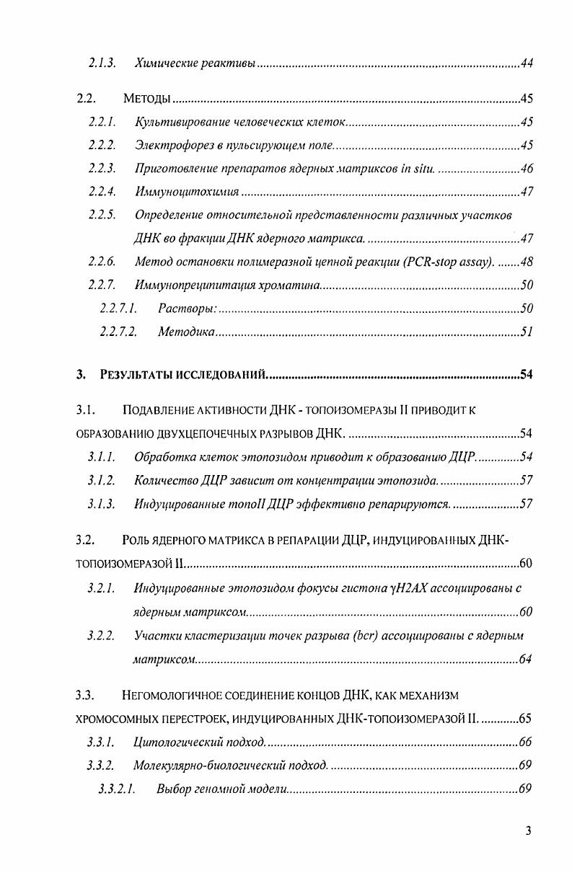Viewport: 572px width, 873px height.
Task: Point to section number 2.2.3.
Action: (x=102, y=169)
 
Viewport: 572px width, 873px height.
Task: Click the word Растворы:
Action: (x=187, y=309)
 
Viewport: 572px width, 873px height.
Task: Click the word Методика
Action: (x=185, y=332)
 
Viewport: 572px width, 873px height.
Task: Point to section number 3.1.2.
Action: (x=101, y=480)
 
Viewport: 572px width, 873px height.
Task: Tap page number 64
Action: (x=526, y=660)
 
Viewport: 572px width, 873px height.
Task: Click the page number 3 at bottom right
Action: (x=529, y=831)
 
